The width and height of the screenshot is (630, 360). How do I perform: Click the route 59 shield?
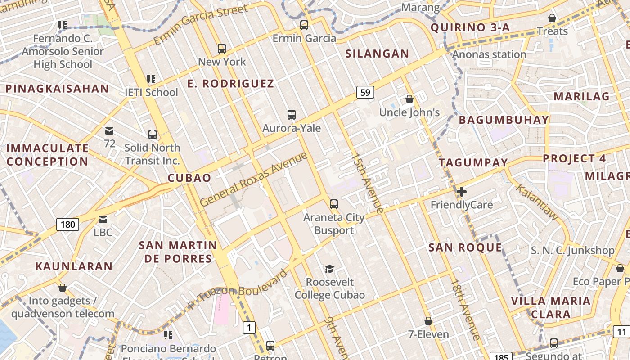[365, 93]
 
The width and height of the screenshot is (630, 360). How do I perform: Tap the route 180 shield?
[67, 224]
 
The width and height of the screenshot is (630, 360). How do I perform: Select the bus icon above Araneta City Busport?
[333, 204]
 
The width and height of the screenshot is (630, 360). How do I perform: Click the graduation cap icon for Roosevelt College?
[330, 269]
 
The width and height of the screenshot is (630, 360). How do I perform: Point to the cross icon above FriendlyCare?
[461, 192]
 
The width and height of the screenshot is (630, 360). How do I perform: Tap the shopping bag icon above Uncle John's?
[409, 99]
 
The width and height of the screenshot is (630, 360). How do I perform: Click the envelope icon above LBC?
[103, 220]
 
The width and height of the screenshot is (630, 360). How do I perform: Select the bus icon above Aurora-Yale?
[292, 115]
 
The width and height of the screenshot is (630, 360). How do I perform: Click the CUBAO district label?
[189, 178]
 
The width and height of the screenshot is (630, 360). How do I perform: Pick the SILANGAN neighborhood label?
[377, 54]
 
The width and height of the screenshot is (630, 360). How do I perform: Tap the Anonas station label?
[489, 54]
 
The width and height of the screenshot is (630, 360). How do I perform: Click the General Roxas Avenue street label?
[254, 179]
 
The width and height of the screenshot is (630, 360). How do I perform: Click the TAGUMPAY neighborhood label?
[473, 162]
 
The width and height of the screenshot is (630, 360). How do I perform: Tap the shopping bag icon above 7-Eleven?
[428, 321]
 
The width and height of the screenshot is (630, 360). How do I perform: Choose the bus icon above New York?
[221, 49]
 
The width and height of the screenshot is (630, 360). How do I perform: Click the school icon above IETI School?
[151, 80]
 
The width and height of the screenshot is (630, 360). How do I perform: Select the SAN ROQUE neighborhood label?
[465, 247]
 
